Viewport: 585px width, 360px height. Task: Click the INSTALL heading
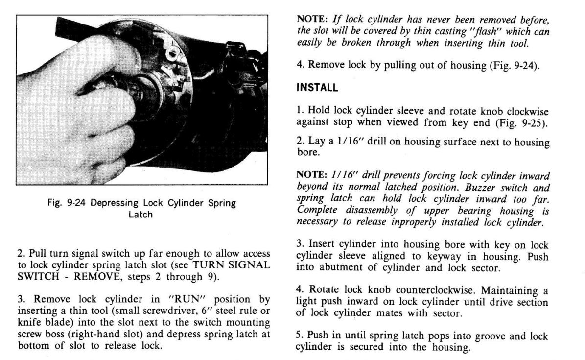click(317, 89)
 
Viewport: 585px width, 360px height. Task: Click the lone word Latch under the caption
click(140, 214)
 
